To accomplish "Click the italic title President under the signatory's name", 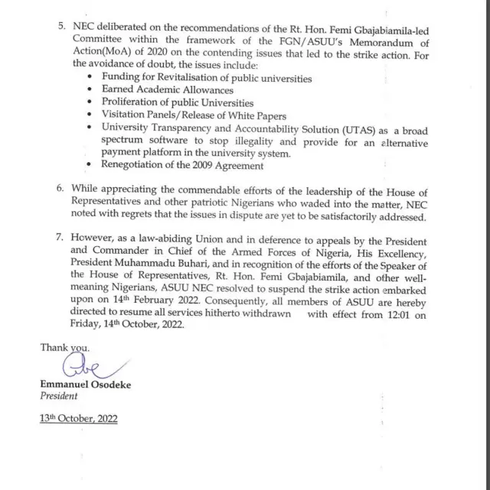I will click(x=59, y=396).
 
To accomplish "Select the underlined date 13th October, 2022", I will click(x=80, y=419).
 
